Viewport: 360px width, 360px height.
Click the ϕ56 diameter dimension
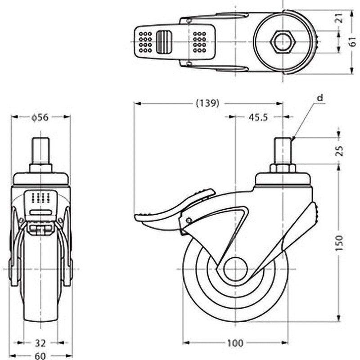(x=40, y=117)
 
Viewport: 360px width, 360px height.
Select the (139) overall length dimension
(x=207, y=103)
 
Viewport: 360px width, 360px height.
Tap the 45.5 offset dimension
(x=258, y=117)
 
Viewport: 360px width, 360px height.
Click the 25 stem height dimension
(x=340, y=151)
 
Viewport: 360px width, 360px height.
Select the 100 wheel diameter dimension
(x=234, y=343)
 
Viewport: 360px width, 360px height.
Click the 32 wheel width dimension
(x=40, y=343)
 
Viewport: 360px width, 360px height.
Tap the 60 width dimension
(x=40, y=355)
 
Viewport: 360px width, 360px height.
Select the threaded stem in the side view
(x=283, y=151)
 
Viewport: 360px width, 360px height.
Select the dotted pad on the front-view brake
(x=41, y=198)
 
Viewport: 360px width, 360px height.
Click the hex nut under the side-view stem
(x=283, y=168)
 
